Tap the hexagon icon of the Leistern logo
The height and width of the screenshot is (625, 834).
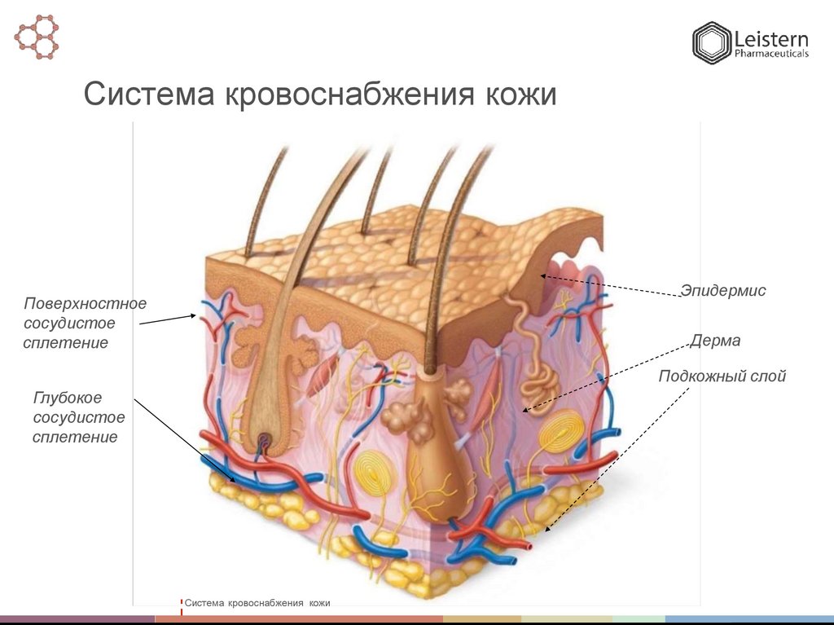pos(712,43)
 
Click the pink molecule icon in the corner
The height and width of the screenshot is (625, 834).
pos(37,36)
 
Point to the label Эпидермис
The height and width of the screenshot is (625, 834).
pos(723,291)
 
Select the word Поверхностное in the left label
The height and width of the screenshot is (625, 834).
pos(85,304)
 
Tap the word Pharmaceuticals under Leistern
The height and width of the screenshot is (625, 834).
pos(771,55)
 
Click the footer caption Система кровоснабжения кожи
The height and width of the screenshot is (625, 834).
pos(257,603)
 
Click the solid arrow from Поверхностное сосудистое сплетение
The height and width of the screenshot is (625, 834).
pos(167,319)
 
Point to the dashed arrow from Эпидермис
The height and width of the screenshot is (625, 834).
pos(611,286)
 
